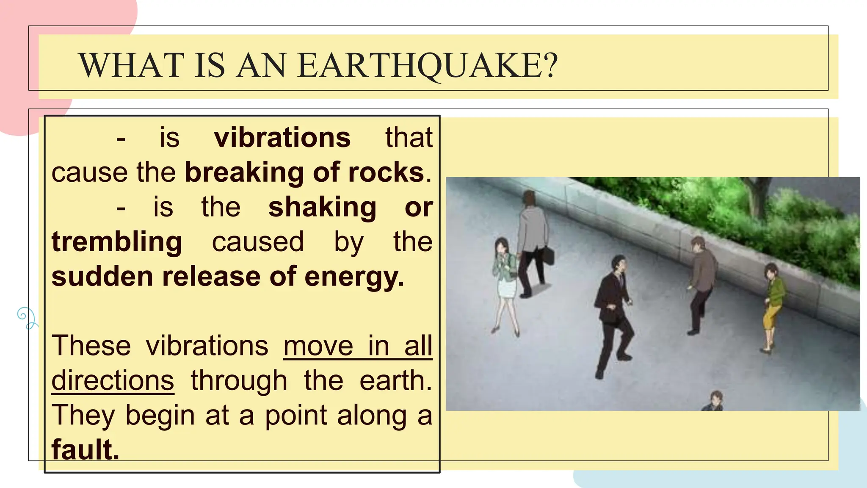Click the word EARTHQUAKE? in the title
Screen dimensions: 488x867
pyautogui.click(x=428, y=66)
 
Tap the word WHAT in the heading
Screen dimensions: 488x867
pyautogui.click(x=132, y=66)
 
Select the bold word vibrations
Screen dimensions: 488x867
pyautogui.click(x=282, y=138)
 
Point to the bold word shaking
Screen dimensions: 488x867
pyautogui.click(x=322, y=207)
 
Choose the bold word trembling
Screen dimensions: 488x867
pyautogui.click(x=117, y=242)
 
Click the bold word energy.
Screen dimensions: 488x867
pyautogui.click(x=354, y=277)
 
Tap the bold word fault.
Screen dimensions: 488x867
pyautogui.click(x=85, y=449)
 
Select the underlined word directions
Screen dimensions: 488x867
pyautogui.click(x=113, y=380)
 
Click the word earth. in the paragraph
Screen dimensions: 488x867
pyautogui.click(x=395, y=380)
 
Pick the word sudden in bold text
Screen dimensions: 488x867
pyautogui.click(x=102, y=277)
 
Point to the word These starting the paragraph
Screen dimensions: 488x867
pyautogui.click(x=91, y=346)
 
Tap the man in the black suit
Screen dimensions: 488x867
pyautogui.click(x=614, y=313)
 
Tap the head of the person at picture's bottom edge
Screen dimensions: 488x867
pyautogui.click(x=716, y=398)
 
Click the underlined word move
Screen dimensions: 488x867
pyautogui.click(x=318, y=346)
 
